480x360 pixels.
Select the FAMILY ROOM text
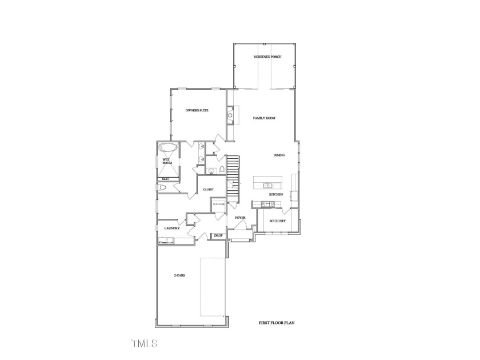click(265, 118)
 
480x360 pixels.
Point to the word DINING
click(279, 155)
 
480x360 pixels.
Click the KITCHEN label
click(277, 195)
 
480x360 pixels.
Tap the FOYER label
click(240, 218)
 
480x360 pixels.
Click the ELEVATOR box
click(218, 204)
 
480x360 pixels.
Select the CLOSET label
click(208, 189)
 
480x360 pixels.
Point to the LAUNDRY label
click(172, 229)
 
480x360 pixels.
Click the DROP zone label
click(218, 235)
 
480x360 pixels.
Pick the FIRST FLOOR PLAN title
click(277, 323)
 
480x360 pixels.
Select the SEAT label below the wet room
click(165, 179)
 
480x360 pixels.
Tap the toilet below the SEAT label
click(162, 187)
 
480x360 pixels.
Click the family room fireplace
click(230, 116)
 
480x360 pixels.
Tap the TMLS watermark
click(144, 343)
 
